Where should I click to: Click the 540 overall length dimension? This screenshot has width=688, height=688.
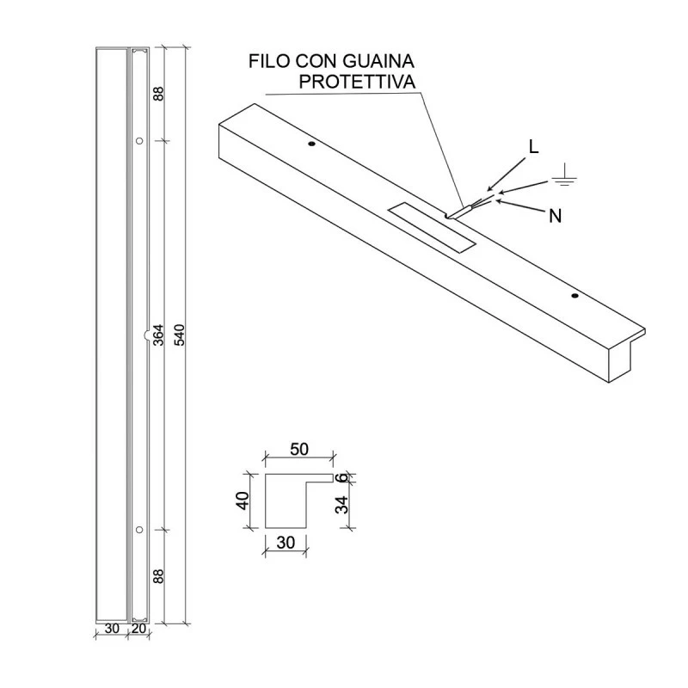pos(179,335)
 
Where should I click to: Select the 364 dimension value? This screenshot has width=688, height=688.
pos(158,335)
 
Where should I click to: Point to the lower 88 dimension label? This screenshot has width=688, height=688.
pos(158,575)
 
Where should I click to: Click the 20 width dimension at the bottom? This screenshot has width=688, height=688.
pos(138,629)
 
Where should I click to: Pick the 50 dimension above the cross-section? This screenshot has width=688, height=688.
pos(299,450)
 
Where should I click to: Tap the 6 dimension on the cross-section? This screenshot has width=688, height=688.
pos(341,477)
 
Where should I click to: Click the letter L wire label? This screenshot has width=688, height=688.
pos(534,147)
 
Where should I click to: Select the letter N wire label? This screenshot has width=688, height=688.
pos(556,217)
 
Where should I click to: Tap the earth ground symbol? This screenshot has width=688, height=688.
pos(565,178)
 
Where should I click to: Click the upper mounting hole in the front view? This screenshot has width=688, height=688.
pos(138,140)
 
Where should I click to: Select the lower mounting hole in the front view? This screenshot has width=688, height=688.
pos(138,528)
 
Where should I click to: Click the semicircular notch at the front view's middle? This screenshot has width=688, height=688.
pos(144,335)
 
